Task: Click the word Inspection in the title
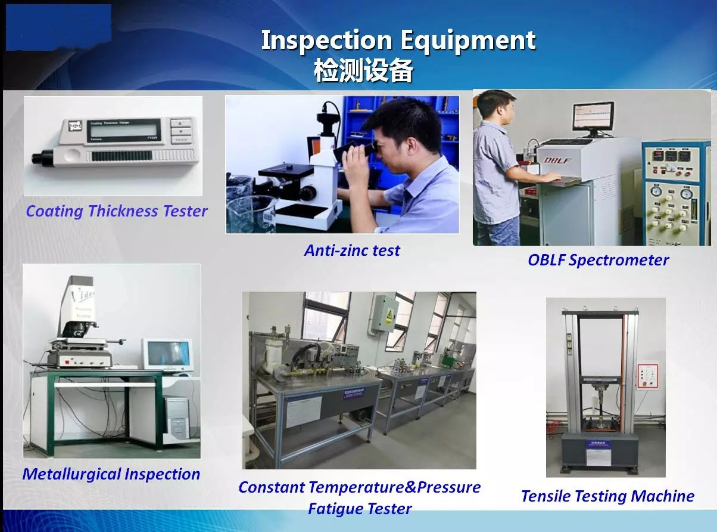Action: (326, 41)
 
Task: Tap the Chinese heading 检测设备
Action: (364, 70)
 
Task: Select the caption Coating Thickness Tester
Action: (116, 211)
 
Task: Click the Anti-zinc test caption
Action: (352, 250)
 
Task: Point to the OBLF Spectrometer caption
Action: (598, 260)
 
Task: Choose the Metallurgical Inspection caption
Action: (111, 474)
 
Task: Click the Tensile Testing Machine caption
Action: (608, 496)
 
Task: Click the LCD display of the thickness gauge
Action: (124, 131)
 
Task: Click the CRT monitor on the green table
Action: (168, 354)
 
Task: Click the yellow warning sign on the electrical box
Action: (389, 314)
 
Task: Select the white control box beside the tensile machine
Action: (647, 376)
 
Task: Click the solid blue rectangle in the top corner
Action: (58, 27)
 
